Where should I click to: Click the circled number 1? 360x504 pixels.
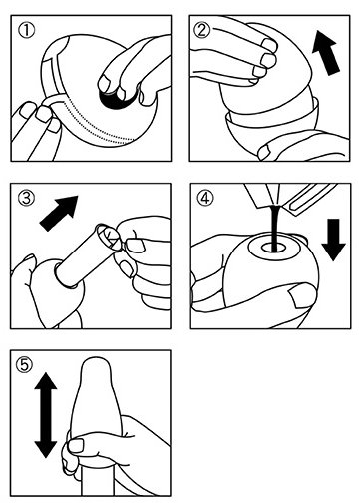(x=26, y=31)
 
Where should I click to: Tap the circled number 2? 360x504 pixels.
(x=202, y=31)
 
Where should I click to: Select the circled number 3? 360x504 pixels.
(x=26, y=199)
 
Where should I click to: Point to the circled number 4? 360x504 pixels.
(x=205, y=199)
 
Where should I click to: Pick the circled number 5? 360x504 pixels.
(x=25, y=365)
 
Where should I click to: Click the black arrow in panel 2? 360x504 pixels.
(x=326, y=52)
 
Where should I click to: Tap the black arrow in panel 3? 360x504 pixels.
(x=59, y=213)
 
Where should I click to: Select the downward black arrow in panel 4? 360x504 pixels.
(x=333, y=240)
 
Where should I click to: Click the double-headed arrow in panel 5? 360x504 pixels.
(x=46, y=415)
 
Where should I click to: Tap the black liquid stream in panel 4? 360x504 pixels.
(x=275, y=228)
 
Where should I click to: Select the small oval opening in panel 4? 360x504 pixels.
(x=273, y=247)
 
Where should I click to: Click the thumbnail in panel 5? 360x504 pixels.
(x=76, y=445)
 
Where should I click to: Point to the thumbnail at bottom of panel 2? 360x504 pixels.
(x=264, y=153)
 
